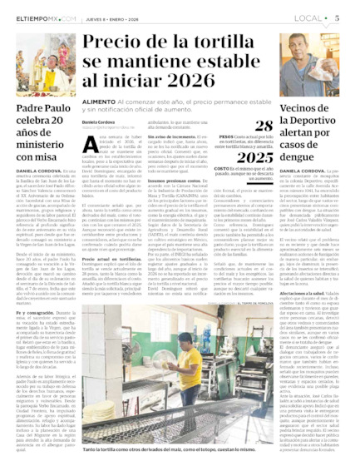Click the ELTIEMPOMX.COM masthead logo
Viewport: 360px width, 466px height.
pyautogui.click(x=37, y=17)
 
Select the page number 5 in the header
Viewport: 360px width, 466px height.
pyautogui.click(x=348, y=16)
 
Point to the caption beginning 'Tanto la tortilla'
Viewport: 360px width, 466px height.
pyautogui.click(x=179, y=449)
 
